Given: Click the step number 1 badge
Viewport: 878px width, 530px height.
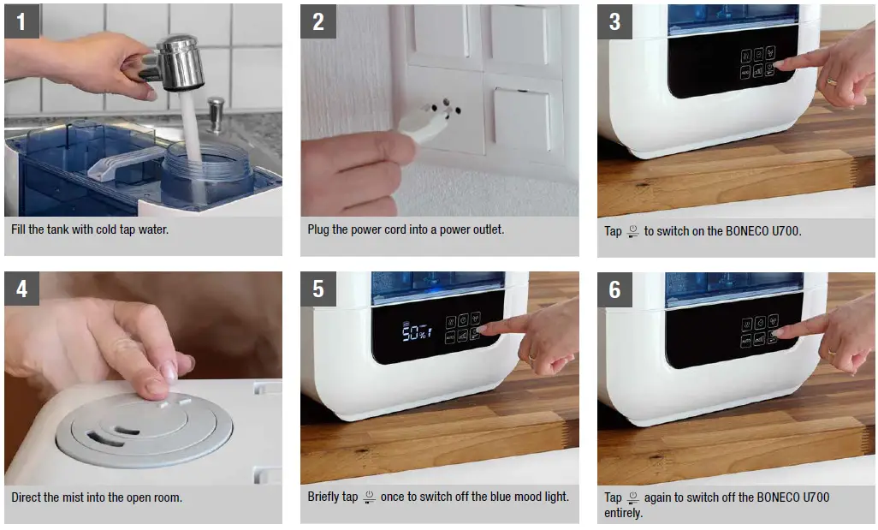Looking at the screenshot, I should (21, 21).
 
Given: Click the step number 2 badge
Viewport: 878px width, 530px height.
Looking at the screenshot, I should (318, 21).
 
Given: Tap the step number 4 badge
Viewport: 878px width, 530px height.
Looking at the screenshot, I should (21, 289).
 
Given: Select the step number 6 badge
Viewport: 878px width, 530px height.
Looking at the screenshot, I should (614, 289).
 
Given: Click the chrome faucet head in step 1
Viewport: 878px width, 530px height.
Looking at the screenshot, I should (179, 62).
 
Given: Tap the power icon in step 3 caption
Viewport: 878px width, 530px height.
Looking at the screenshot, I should (633, 230).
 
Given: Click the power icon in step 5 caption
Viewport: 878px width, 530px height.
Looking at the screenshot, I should (370, 497).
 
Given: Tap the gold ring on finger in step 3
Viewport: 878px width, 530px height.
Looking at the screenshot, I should (831, 83).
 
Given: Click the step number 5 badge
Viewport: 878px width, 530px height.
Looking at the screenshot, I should (318, 289).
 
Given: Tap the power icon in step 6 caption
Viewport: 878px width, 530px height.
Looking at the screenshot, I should (633, 497).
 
